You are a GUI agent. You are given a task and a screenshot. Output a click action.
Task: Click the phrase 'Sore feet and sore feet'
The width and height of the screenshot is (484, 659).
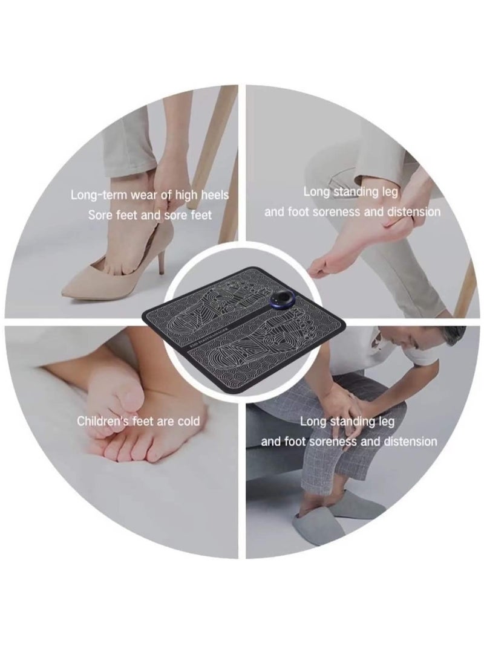pyautogui.click(x=151, y=215)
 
